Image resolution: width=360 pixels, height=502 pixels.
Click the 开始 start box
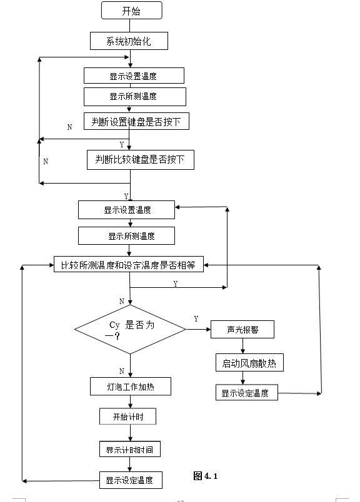[131, 10]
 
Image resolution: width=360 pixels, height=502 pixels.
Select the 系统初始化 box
[129, 41]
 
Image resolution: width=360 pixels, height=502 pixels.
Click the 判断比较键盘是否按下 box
[140, 159]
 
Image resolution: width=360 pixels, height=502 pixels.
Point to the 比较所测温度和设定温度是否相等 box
[128, 265]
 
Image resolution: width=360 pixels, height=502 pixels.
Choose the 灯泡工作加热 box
[130, 386]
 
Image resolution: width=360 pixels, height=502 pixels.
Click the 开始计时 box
[127, 416]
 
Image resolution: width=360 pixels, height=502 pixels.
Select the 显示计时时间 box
[129, 449]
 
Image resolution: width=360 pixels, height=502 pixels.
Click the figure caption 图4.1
[206, 476]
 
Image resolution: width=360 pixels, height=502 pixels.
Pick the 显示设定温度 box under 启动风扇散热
[245, 393]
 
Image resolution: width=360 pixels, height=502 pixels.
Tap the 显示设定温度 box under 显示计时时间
[131, 480]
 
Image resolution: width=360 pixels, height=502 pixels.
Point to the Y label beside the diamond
[196, 318]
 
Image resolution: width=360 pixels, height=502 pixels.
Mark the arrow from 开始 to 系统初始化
[130, 25]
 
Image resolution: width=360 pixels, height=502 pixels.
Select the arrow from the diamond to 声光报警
[198, 329]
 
